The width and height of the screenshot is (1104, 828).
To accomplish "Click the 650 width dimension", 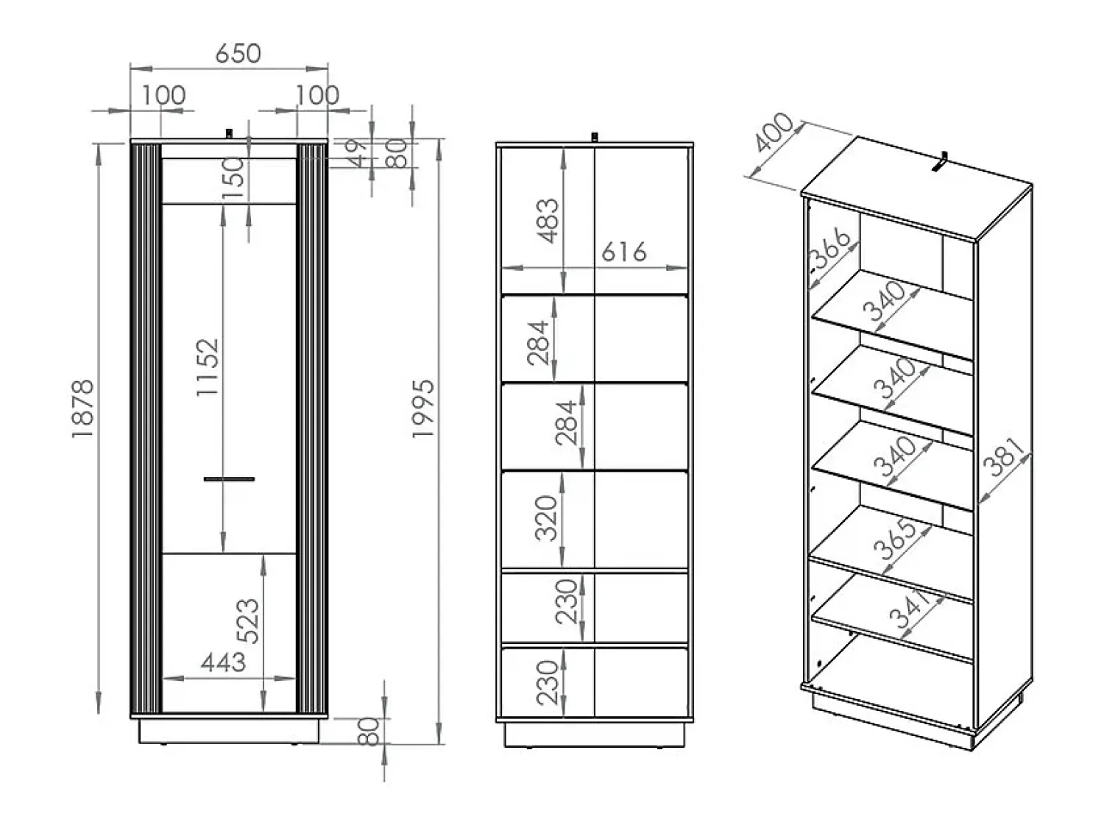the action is pos(238,54).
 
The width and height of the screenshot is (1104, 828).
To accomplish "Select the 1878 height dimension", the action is pos(82,408).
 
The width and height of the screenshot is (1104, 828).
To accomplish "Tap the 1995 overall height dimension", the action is pos(423,408).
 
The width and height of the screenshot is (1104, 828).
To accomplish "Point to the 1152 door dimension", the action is pos(208,367).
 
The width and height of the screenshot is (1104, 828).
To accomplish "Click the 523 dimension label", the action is pos(248,621).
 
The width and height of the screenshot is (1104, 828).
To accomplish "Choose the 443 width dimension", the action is pos(223,662).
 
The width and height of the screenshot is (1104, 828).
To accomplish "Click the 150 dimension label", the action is pos(233,178).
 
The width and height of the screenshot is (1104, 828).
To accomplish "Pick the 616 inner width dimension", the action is pos(623,252).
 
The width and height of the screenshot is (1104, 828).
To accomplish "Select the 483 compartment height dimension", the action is pos(548,221).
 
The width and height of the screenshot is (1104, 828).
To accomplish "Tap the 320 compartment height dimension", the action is pos(546,518).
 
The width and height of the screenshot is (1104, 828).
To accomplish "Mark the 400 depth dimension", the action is pos(774,132).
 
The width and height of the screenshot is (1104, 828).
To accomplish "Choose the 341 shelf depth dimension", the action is pos(910,610).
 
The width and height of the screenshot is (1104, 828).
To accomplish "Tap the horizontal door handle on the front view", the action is pos(230,479).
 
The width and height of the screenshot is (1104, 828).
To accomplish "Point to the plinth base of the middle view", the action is pos(595,735).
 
